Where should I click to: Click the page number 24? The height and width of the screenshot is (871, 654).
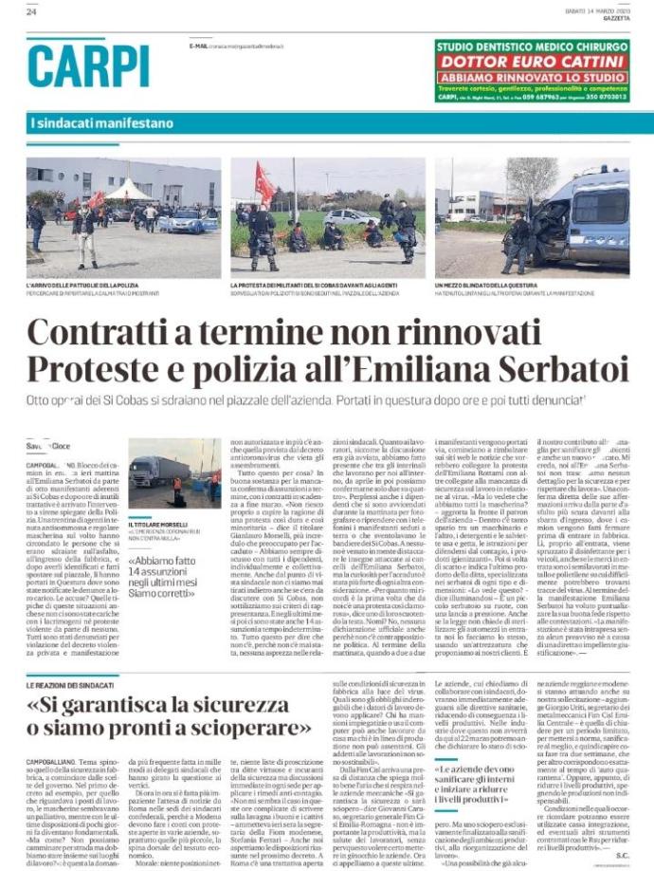coord(31,12)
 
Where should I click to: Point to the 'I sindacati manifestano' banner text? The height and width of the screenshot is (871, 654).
coord(102,123)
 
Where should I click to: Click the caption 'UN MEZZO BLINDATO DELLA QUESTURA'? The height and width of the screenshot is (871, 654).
coord(491,285)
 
